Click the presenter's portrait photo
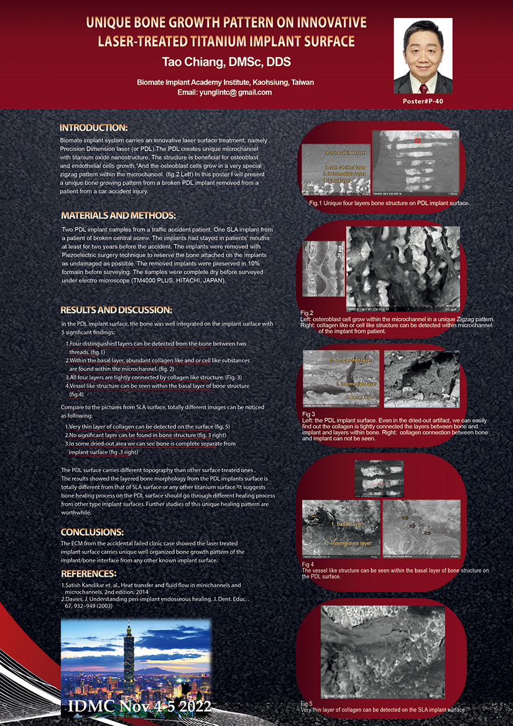[423, 55]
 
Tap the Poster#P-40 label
[423, 101]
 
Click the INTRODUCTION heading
[94, 128]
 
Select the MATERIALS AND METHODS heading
[118, 216]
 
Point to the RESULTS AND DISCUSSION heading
[116, 310]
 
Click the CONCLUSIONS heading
[92, 532]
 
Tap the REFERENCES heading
[89, 573]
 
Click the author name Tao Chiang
[226, 62]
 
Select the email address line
[224, 92]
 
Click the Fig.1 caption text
[389, 203]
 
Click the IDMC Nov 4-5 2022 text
[139, 706]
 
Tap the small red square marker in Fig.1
[418, 141]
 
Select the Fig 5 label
[305, 704]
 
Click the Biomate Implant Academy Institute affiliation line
[225, 82]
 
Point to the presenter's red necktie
[423, 82]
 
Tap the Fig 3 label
[308, 414]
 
